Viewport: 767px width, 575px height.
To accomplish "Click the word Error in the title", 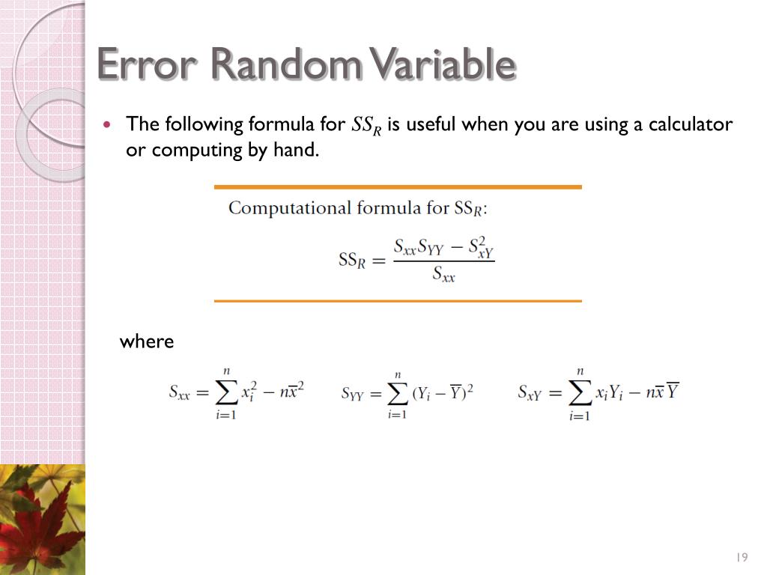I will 147,64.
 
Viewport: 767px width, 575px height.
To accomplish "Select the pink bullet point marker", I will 109,124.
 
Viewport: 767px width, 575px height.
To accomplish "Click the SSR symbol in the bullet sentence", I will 366,126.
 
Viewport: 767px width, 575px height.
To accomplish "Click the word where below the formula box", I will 147,342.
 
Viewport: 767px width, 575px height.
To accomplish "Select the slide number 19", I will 742,556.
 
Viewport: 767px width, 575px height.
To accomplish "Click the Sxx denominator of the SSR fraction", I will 443,276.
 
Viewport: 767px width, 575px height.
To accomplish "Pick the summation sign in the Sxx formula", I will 225,392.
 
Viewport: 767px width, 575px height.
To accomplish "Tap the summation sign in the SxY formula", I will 579,392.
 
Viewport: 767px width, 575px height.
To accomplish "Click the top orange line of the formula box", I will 398,187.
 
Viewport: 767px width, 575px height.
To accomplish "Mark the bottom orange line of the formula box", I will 398,301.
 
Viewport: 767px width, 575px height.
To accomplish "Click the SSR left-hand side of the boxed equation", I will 351,260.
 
